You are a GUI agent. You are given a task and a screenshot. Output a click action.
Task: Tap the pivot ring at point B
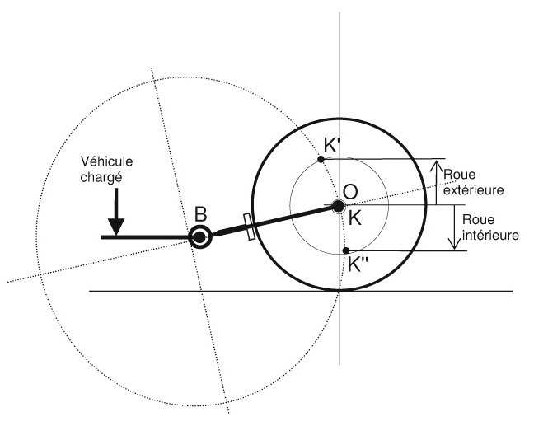click(x=199, y=237)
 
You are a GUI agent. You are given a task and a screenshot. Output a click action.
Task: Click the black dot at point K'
click(x=321, y=159)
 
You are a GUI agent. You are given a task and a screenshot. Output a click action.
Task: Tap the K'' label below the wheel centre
click(x=360, y=265)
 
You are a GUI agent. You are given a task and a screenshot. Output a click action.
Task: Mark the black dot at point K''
click(x=347, y=250)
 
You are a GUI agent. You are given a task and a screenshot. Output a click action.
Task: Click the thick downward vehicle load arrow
click(x=116, y=215)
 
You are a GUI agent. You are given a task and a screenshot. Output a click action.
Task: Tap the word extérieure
click(x=472, y=189)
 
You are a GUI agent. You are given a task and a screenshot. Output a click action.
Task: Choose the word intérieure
click(x=490, y=235)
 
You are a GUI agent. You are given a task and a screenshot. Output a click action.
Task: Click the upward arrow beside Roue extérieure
click(x=438, y=181)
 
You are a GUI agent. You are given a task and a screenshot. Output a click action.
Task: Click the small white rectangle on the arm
click(x=249, y=227)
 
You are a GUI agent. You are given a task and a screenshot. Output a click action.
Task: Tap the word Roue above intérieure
click(x=479, y=221)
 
